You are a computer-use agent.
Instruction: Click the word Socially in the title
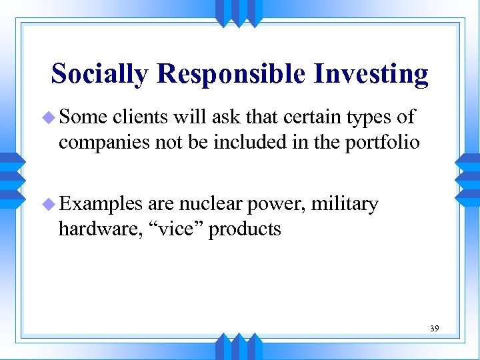tap(99, 74)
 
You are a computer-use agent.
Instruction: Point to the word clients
tap(141, 117)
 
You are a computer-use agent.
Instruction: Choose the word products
tap(245, 230)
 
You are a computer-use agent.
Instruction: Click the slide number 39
tap(433, 329)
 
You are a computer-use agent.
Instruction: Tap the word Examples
tap(101, 203)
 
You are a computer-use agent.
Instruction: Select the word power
tap(275, 204)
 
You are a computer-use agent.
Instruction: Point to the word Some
tap(83, 117)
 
